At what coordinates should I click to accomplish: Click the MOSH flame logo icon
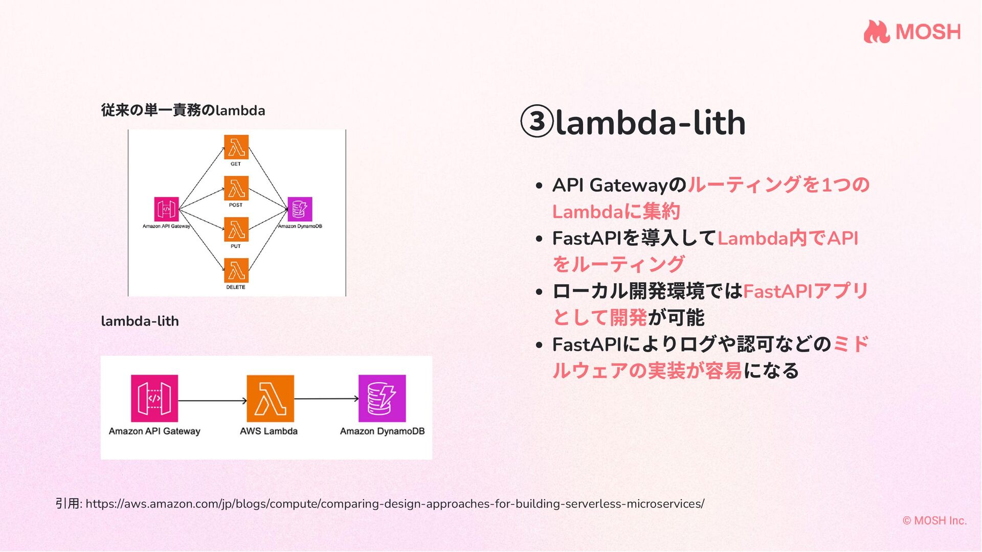point(877,32)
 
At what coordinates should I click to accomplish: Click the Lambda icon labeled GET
point(236,147)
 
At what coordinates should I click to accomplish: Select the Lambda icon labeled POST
point(236,188)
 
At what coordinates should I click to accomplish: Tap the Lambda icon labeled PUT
point(236,229)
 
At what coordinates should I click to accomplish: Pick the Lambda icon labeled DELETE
point(236,270)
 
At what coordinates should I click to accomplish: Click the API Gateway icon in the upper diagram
point(167,209)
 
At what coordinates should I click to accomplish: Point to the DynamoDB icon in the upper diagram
point(300,209)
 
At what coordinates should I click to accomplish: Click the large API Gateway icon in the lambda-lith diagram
point(154,398)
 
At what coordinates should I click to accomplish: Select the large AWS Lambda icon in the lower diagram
point(270,398)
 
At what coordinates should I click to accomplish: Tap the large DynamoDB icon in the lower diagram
point(382,398)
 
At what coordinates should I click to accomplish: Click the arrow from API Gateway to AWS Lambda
point(212,400)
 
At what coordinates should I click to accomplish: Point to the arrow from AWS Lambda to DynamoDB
point(326,399)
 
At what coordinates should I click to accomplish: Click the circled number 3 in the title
point(537,122)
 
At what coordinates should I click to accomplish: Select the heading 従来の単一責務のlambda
point(183,110)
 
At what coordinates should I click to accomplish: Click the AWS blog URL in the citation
point(394,504)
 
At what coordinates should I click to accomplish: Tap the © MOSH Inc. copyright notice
point(934,520)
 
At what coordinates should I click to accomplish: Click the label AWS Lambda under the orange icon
point(269,431)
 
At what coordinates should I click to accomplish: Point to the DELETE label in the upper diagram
point(236,287)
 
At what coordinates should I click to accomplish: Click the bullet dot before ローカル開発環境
point(539,292)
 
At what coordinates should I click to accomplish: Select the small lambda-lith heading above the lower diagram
point(140,321)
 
